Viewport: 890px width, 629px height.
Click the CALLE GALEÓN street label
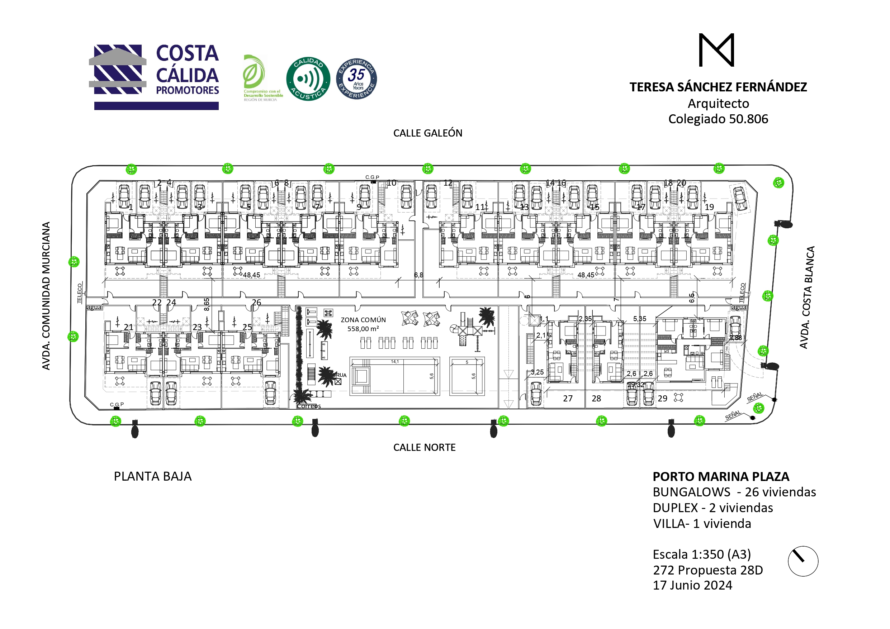[x=427, y=133]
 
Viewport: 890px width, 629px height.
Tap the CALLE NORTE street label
[x=424, y=447]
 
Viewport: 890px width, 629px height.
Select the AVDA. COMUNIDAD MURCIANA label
[x=46, y=296]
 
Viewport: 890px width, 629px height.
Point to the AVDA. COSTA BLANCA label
[x=807, y=297]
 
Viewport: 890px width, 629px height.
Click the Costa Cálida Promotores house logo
[x=118, y=70]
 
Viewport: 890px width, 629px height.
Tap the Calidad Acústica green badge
[x=308, y=79]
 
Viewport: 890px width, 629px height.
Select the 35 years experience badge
[x=356, y=79]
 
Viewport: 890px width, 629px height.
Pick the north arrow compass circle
[x=803, y=561]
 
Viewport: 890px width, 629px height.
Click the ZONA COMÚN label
[x=363, y=320]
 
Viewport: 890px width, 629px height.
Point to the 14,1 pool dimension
[x=394, y=362]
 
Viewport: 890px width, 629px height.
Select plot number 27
[x=568, y=399]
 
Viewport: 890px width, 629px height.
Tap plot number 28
[x=596, y=399]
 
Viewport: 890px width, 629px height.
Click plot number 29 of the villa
[x=662, y=399]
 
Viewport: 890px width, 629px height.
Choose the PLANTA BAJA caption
[x=153, y=476]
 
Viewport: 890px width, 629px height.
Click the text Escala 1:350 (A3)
[x=702, y=554]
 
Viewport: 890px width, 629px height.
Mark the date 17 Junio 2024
[x=692, y=585]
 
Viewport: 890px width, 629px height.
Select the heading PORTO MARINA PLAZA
[x=721, y=476]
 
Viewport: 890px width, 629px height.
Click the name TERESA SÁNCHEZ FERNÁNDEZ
[x=718, y=87]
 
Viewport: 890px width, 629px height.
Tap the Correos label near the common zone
[x=309, y=406]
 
